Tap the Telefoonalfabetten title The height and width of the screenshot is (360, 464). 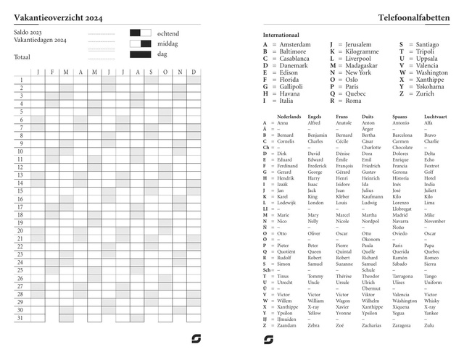[413, 16]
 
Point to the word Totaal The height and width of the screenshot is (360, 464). [22, 56]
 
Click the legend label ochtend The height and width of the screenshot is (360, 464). [168, 33]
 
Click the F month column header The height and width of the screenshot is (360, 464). [52, 72]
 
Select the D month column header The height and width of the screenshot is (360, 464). [194, 72]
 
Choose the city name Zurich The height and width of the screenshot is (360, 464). [426, 93]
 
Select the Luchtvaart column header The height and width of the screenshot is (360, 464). [436, 116]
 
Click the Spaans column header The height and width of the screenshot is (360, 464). [400, 116]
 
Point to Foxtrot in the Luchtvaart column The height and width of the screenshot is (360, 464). [432, 166]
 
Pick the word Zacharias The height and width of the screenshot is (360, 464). [370, 326]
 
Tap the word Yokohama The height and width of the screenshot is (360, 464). [431, 86]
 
